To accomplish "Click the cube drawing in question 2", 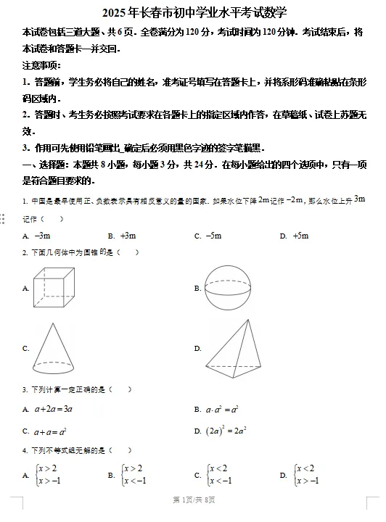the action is (x=54, y=288).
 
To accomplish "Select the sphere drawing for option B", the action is (x=231, y=287).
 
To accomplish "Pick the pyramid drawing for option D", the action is (x=231, y=347).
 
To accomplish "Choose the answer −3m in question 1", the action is (x=43, y=236).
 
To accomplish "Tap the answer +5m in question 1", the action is (x=300, y=236).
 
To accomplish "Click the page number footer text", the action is (x=193, y=500).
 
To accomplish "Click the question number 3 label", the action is (x=25, y=389).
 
